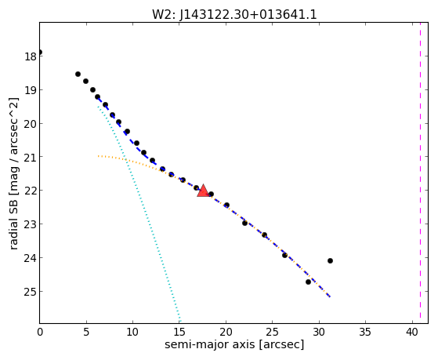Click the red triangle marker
[203, 191]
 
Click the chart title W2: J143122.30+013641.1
[234, 15]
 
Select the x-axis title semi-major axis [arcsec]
[234, 344]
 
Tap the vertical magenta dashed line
[420, 173]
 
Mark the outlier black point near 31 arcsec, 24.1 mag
[330, 260]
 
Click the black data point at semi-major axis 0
[40, 52]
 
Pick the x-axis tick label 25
[273, 332]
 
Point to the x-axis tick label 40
[411, 332]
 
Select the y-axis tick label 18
[30, 56]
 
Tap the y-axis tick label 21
[30, 157]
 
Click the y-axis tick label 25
[30, 292]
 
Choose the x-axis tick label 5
[86, 332]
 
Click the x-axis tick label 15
[179, 332]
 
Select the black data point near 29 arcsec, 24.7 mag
[308, 282]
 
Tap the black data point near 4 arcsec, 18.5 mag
[78, 75]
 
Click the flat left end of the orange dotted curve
[98, 156]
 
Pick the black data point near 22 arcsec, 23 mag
[244, 223]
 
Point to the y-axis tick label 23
[30, 224]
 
